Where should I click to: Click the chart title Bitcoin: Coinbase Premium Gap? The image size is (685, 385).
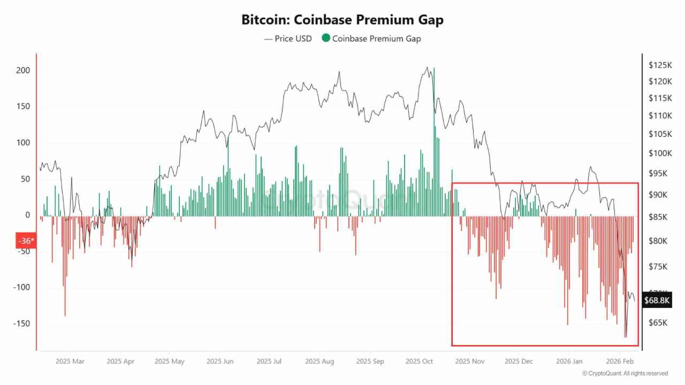click(342, 20)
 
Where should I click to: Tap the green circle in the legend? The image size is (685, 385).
click(325, 38)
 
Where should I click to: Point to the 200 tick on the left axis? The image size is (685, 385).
click(22, 71)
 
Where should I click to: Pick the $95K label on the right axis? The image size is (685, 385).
click(658, 174)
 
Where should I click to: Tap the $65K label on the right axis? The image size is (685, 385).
click(658, 323)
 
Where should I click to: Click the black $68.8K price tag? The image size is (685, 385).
click(657, 301)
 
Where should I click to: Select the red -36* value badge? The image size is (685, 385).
click(26, 241)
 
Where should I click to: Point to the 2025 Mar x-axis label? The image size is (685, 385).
click(70, 361)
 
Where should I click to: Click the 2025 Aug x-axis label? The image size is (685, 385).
click(319, 361)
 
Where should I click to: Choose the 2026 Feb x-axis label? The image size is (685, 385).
click(620, 361)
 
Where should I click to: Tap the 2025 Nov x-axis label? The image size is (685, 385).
click(469, 361)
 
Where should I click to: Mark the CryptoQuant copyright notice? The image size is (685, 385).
click(625, 373)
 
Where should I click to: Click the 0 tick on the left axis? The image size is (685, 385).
click(27, 215)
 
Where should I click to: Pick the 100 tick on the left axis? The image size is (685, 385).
click(22, 143)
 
